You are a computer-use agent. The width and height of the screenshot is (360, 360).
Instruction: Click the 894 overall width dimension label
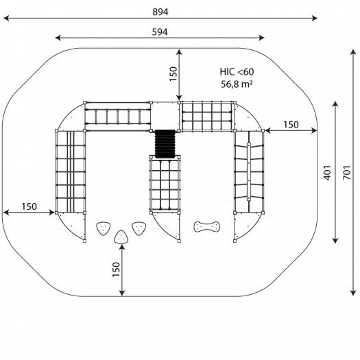pyautogui.click(x=160, y=12)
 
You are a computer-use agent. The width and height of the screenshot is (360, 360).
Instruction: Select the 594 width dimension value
pyautogui.click(x=160, y=32)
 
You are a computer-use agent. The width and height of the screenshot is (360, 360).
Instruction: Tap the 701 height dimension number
pyautogui.click(x=347, y=173)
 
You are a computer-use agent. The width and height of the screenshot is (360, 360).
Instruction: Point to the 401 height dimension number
pyautogui.click(x=327, y=173)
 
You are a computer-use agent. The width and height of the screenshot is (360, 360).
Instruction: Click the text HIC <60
pyautogui.click(x=237, y=72)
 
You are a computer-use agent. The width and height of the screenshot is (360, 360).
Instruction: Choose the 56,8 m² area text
pyautogui.click(x=237, y=84)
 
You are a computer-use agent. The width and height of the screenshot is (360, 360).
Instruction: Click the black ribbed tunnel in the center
pyautogui.click(x=165, y=144)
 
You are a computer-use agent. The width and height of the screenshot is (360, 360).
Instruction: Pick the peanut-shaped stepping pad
pyautogui.click(x=206, y=226)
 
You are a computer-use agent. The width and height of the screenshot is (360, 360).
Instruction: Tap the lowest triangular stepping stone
pyautogui.click(x=121, y=237)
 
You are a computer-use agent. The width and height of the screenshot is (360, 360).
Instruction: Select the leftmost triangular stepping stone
pyautogui.click(x=103, y=228)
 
